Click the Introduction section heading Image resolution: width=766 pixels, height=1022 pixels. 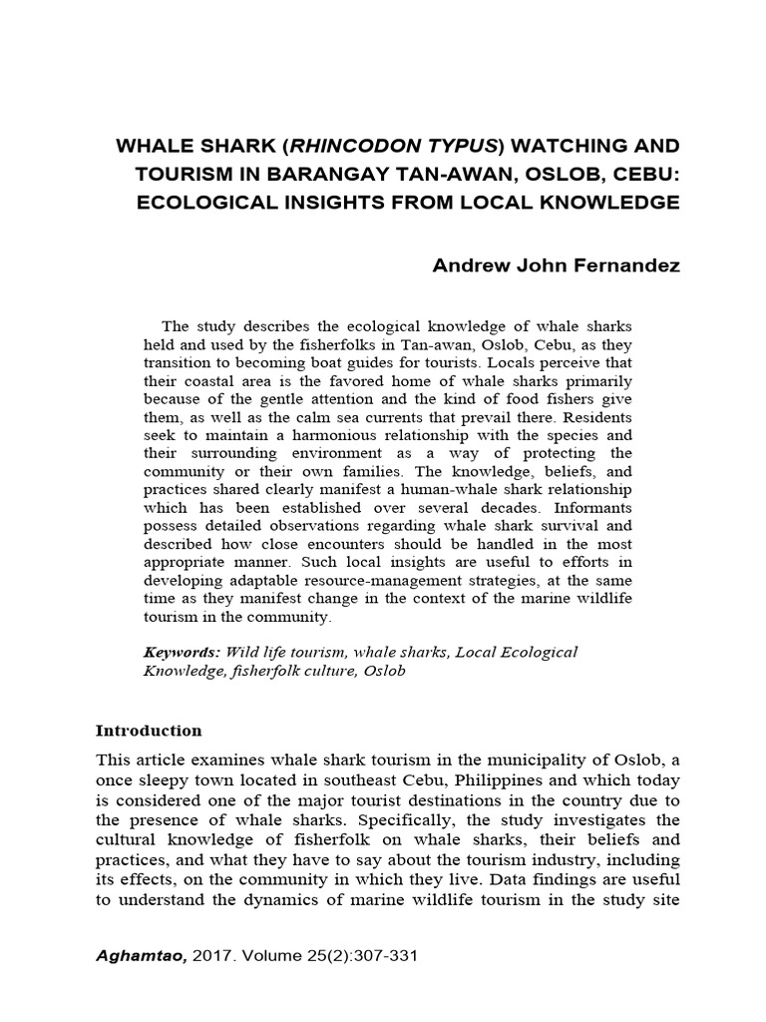(149, 731)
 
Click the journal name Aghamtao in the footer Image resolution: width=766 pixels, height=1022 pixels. (134, 955)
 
